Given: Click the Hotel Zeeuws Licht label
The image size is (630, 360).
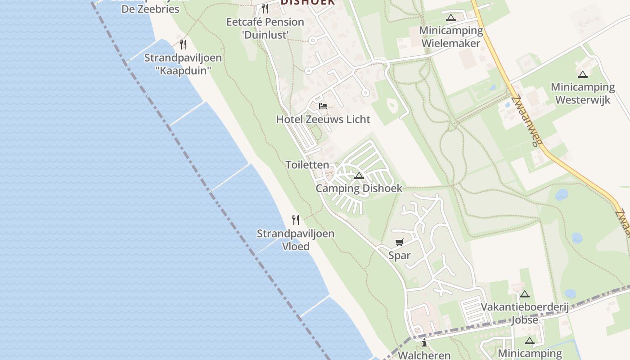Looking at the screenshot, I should pos(323,119).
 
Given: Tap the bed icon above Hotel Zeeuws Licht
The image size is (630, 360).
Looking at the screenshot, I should pos(323,107).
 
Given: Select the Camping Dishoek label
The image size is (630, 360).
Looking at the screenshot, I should pos(359,188).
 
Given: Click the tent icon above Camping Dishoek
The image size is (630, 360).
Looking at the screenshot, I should pos(359,175).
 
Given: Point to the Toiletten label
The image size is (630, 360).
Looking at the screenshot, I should pos(307,165).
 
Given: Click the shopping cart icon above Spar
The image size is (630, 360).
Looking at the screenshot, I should pos(399,243).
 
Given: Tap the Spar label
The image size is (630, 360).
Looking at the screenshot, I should pos(400,256).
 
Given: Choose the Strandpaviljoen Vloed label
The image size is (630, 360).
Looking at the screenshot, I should pos(296,240).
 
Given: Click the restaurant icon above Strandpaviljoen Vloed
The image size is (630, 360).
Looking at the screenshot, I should pos(296,220).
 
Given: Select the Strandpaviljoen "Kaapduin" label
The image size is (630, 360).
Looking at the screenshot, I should pos(183,64).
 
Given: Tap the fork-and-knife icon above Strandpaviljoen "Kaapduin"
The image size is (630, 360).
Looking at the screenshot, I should pos(183,45).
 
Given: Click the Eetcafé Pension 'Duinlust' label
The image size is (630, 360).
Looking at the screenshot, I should pos(265,28).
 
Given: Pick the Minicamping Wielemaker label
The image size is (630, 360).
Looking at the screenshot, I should pos(451,37).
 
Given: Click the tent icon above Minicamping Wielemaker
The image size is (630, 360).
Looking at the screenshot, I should pos(451,18).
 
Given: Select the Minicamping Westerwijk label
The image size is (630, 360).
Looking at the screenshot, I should pos(583,93).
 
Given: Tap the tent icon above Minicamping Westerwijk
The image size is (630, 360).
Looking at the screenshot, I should pos(583,74).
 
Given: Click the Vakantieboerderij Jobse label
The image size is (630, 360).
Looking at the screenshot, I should pos(525,313).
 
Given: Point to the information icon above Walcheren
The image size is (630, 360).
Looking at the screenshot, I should pos(424,343).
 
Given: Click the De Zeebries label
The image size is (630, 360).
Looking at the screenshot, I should pos(150,9).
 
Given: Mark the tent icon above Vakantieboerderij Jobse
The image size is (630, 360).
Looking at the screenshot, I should pos(524,294).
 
